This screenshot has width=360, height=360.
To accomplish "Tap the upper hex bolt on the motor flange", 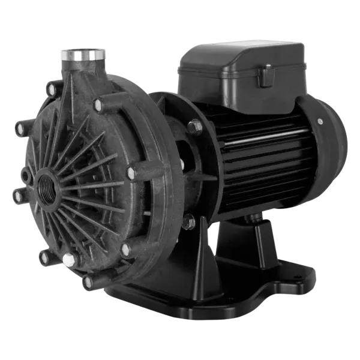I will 193,127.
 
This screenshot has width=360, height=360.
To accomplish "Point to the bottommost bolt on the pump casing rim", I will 89,281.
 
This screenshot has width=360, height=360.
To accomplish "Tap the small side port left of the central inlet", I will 25,176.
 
